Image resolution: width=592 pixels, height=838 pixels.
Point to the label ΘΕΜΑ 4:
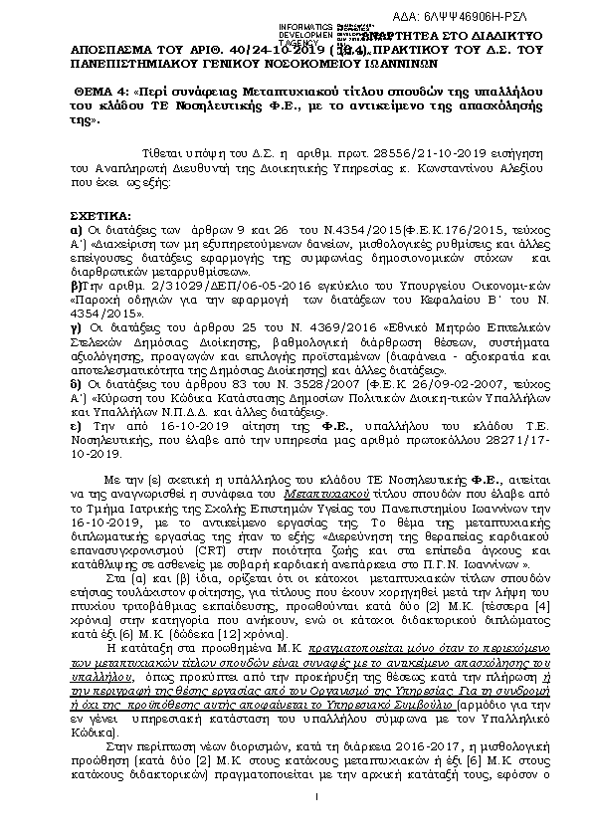pos(101,91)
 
